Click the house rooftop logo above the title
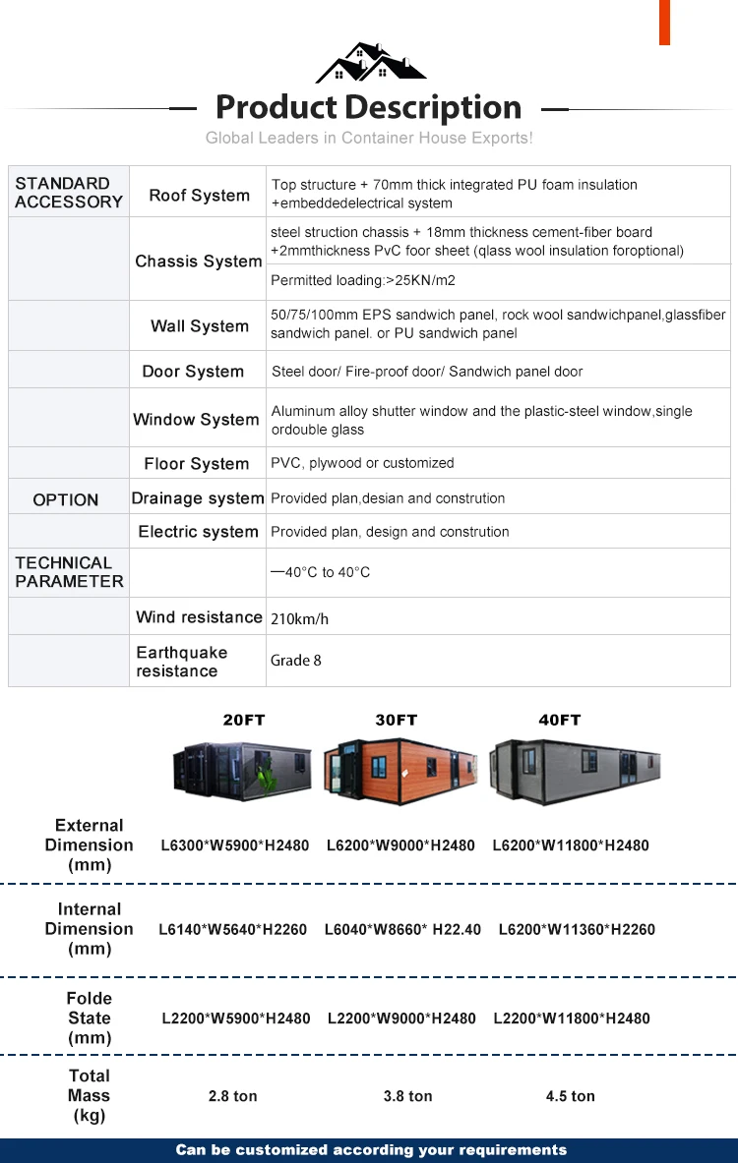point(370,63)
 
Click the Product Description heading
point(368,107)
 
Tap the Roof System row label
point(199,195)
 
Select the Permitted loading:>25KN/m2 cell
point(363,280)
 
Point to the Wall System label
point(199,325)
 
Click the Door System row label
point(193,371)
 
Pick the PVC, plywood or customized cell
point(362,463)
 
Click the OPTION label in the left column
point(66,499)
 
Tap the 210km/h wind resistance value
point(300,618)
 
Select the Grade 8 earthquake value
point(296,660)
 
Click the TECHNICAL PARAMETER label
point(69,571)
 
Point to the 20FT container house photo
point(242,770)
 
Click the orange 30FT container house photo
point(401,770)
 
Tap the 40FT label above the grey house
point(559,720)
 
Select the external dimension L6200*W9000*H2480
point(400,845)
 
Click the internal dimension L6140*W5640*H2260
point(234,929)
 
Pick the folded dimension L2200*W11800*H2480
point(571,1018)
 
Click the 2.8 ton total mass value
point(233,1096)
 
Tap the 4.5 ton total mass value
point(570,1096)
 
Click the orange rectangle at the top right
point(664,22)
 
